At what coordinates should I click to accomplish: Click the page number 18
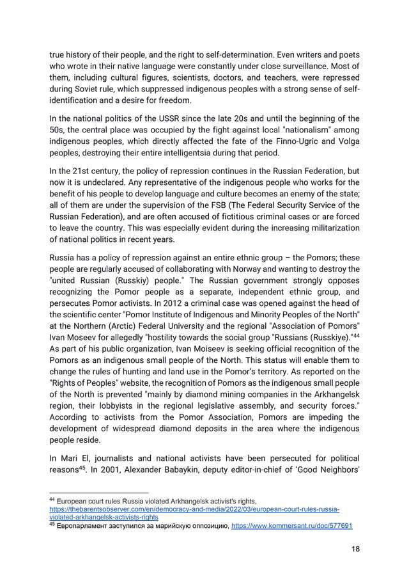coord(354,549)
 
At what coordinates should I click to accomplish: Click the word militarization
coord(328,229)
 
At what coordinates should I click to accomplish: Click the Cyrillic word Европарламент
coord(86,526)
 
